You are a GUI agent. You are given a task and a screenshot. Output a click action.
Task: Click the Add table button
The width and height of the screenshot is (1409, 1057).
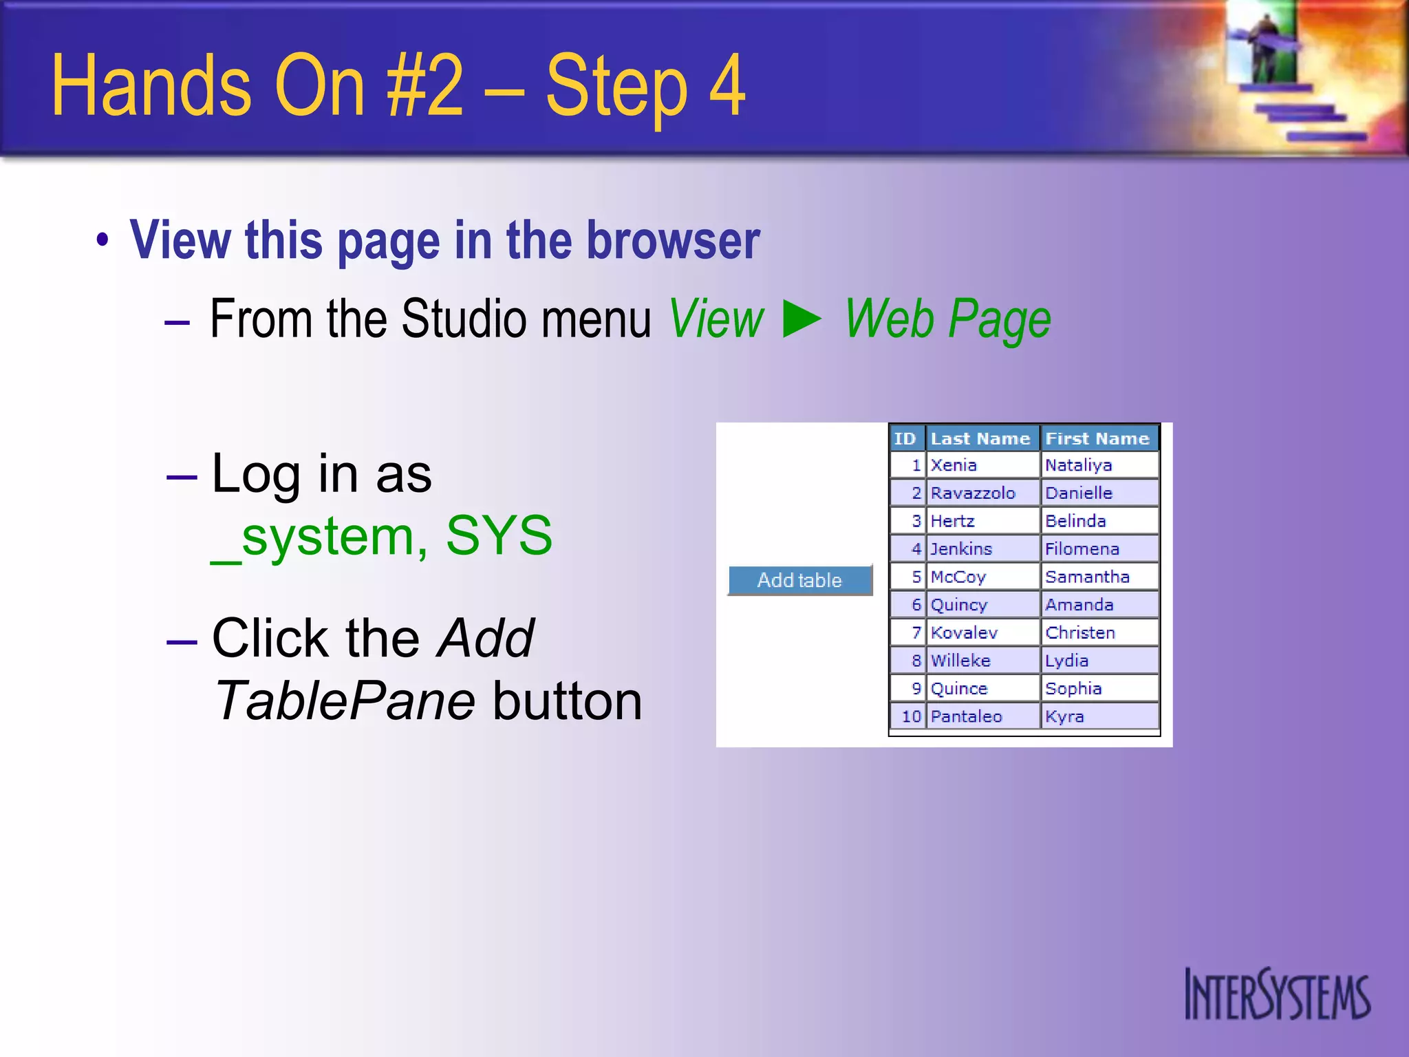pyautogui.click(x=799, y=580)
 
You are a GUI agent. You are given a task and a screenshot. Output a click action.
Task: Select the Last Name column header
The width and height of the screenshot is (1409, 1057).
pyautogui.click(x=980, y=438)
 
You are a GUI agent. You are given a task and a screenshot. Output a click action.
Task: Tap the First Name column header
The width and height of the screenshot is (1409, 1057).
pyautogui.click(x=1097, y=438)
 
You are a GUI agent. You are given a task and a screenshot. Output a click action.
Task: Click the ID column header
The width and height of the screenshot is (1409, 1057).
pyautogui.click(x=905, y=438)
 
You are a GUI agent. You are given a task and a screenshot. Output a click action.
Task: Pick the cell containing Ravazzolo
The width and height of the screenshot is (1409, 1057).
pyautogui.click(x=973, y=493)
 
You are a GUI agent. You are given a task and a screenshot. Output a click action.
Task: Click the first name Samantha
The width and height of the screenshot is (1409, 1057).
pyautogui.click(x=1087, y=577)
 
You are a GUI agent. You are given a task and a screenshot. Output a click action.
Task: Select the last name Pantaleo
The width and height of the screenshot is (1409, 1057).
pyautogui.click(x=966, y=716)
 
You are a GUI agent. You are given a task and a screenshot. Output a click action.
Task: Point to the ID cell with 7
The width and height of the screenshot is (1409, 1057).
pyautogui.click(x=916, y=632)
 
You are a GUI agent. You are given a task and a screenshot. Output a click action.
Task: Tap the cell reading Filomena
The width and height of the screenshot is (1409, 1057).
pyautogui.click(x=1082, y=549)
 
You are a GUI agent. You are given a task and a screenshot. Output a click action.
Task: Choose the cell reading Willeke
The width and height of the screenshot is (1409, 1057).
pyautogui.click(x=960, y=661)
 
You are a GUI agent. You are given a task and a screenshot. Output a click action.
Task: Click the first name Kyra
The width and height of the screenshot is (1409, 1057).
pyautogui.click(x=1064, y=716)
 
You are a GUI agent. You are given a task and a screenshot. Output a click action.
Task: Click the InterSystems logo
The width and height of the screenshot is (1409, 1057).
pyautogui.click(x=1277, y=995)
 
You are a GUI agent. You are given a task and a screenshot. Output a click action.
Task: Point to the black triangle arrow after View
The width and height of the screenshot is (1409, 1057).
pyautogui.click(x=802, y=319)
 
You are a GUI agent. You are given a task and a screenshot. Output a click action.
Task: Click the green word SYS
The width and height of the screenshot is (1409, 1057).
pyautogui.click(x=499, y=535)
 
